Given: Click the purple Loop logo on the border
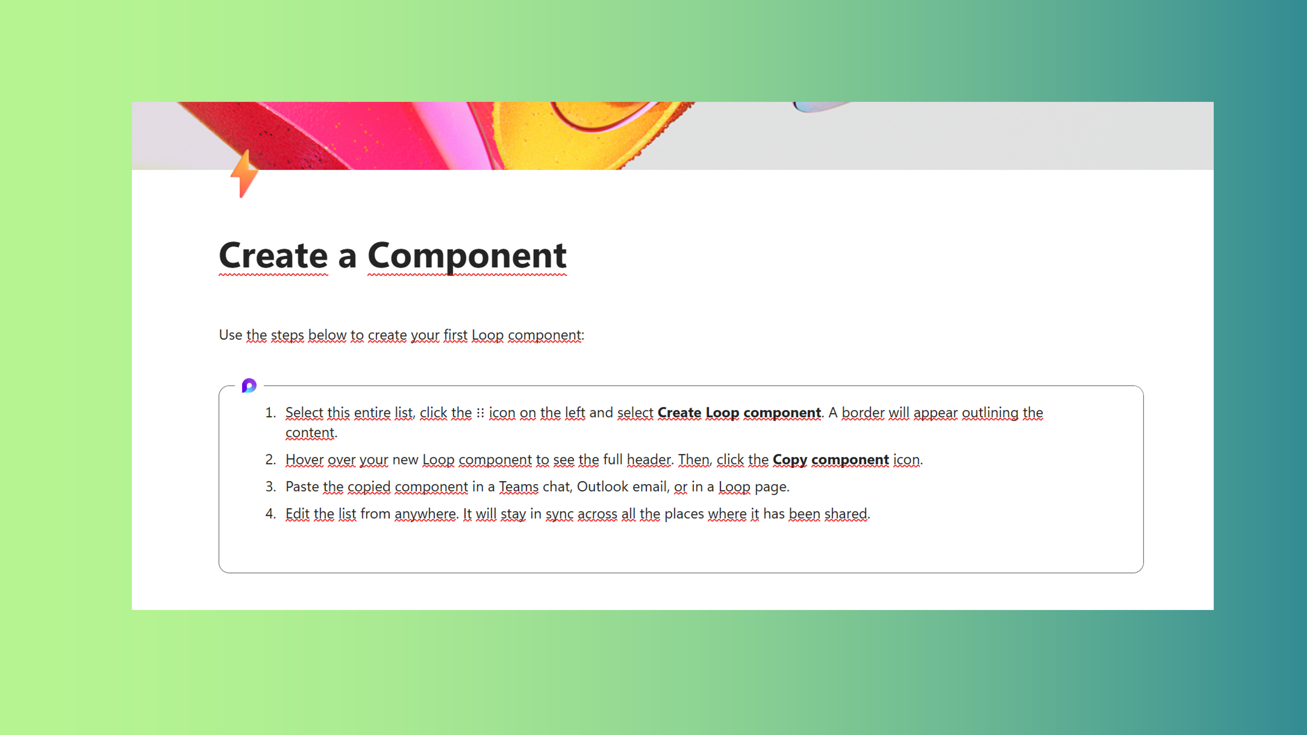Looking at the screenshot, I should pos(249,385).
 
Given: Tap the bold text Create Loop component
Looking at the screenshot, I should pos(739,413).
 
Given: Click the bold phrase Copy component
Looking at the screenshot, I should pos(831,460).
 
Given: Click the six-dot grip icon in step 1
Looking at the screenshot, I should pos(480,413).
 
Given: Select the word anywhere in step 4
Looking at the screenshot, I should pos(425,514).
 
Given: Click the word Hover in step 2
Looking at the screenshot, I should pos(304,460).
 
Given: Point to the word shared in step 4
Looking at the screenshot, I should pos(846,514).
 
